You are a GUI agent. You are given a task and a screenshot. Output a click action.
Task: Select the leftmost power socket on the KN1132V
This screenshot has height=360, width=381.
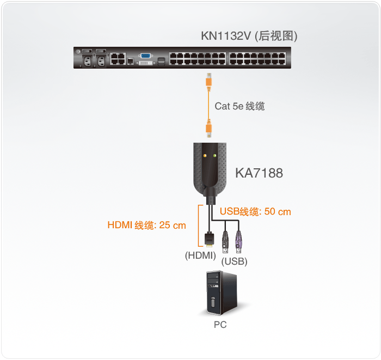[86, 60]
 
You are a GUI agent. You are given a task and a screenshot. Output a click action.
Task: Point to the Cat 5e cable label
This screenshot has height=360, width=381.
[239, 106]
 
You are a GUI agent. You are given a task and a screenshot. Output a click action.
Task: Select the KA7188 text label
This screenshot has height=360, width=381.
[259, 174]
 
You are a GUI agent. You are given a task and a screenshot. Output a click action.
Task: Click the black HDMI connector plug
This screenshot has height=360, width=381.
[208, 239]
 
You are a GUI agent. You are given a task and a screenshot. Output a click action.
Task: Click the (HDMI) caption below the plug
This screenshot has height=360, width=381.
[200, 254]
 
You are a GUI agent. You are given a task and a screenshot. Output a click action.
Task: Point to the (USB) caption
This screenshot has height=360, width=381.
[234, 262]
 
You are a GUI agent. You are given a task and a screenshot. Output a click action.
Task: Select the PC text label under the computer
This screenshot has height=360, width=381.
[220, 325]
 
